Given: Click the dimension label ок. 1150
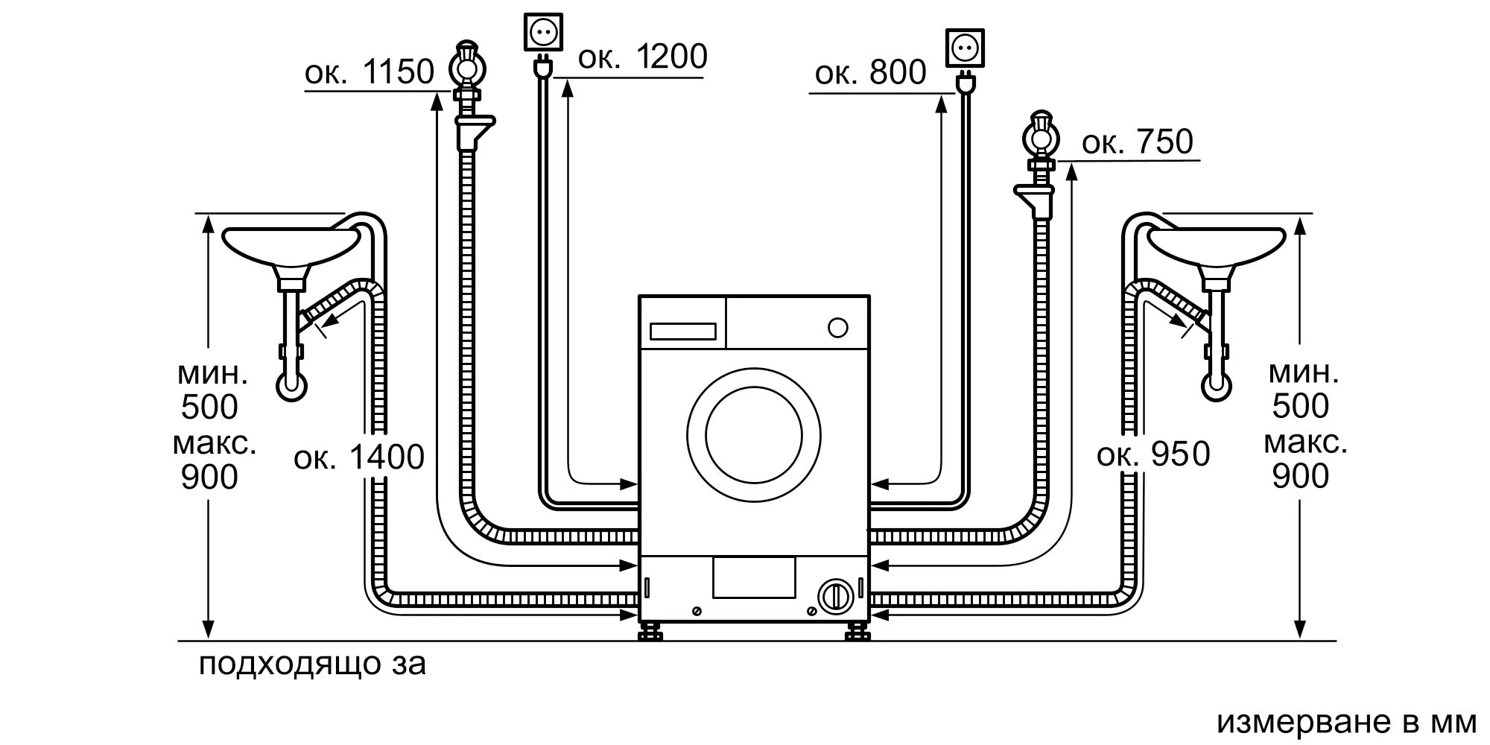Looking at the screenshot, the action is click(x=369, y=72).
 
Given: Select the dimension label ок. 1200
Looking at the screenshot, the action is click(x=642, y=57).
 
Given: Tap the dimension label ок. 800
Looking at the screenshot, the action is click(x=870, y=73).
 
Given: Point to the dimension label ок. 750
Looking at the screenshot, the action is click(x=1137, y=142).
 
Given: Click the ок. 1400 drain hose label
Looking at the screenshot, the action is click(x=359, y=457).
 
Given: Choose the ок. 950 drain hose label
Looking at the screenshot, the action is click(x=1153, y=454).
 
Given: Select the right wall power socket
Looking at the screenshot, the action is click(x=965, y=48).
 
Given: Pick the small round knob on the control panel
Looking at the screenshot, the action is click(x=838, y=328).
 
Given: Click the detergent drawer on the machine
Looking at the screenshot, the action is click(x=683, y=332).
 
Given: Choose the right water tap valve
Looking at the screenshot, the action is click(x=1041, y=138).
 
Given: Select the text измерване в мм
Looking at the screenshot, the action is click(x=1346, y=721).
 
